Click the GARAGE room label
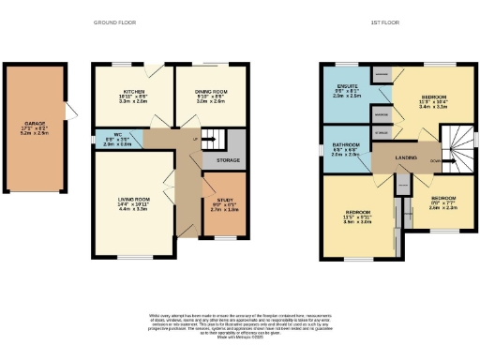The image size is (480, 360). pos(35,122)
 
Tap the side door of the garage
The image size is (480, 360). pos(69,111)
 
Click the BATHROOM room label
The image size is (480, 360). pos(344,144)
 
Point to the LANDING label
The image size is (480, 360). pos(406,157)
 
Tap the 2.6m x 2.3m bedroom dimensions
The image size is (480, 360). pos(443,208)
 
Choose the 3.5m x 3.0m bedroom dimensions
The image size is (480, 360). pos(356,222)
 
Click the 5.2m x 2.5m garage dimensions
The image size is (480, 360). pos(35,133)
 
